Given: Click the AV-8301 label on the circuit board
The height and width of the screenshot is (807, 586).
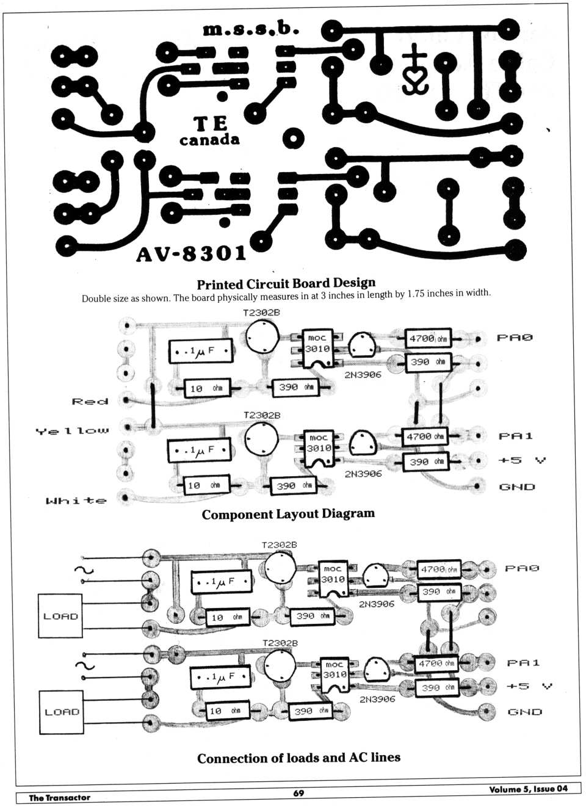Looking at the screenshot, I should pyautogui.click(x=191, y=253).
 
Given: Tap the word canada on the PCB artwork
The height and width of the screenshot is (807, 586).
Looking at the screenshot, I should pyautogui.click(x=209, y=140).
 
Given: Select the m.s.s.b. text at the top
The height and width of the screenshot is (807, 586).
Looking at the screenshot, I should pyautogui.click(x=251, y=29).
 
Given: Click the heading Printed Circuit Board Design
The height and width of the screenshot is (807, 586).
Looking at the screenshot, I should pyautogui.click(x=286, y=284).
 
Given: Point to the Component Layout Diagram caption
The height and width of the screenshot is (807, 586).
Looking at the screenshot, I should pyautogui.click(x=288, y=514).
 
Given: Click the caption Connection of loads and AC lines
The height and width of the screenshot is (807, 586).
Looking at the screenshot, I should pyautogui.click(x=298, y=758).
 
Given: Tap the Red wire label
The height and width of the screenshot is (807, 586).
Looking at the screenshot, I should pyautogui.click(x=90, y=401).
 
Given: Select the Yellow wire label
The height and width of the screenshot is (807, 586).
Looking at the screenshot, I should pyautogui.click(x=72, y=431).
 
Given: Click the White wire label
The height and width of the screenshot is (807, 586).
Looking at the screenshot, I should pyautogui.click(x=76, y=501).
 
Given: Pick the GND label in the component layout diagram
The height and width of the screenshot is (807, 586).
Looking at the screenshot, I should pyautogui.click(x=517, y=487).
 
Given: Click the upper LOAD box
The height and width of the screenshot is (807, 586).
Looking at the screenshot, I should pyautogui.click(x=60, y=616).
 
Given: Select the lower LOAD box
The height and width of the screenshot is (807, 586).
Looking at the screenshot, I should pyautogui.click(x=62, y=712).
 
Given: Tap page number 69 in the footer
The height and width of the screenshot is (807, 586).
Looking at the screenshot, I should pyautogui.click(x=298, y=793).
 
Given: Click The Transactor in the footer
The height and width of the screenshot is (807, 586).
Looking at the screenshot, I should pyautogui.click(x=59, y=797).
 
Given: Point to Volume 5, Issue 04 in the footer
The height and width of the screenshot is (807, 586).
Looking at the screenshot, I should pyautogui.click(x=528, y=789).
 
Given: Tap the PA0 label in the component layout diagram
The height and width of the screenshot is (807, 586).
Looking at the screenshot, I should pyautogui.click(x=515, y=338).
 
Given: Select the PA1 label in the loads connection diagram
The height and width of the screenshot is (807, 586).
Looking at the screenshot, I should pyautogui.click(x=523, y=663).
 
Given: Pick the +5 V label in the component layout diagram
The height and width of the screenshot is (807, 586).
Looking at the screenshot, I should pyautogui.click(x=522, y=460).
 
